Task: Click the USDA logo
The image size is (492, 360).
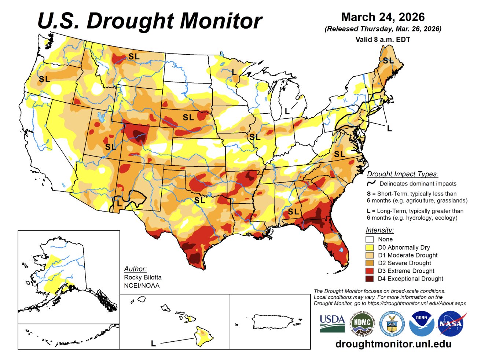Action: point(332,323)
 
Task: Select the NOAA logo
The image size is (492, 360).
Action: point(421,323)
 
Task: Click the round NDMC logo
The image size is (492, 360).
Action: point(361,323)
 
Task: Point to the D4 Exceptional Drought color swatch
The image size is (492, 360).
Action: point(370,279)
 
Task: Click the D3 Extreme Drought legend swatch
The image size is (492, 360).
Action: point(370,271)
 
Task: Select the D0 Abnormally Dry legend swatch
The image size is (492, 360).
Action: point(370,247)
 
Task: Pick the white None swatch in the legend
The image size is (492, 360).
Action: point(370,239)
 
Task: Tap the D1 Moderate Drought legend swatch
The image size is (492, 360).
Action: point(370,255)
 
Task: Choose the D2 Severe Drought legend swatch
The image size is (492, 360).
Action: point(370,263)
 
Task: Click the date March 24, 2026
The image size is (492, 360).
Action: point(383,17)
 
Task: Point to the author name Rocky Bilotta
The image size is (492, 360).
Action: point(143,278)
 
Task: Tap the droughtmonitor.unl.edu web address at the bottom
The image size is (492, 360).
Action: point(393,344)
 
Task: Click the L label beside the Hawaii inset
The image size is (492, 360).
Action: point(153,344)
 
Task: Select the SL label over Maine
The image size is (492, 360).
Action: point(388,61)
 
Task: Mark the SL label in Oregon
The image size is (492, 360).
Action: point(44,79)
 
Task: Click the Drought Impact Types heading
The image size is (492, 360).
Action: point(403,174)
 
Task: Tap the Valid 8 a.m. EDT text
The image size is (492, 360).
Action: point(383,40)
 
